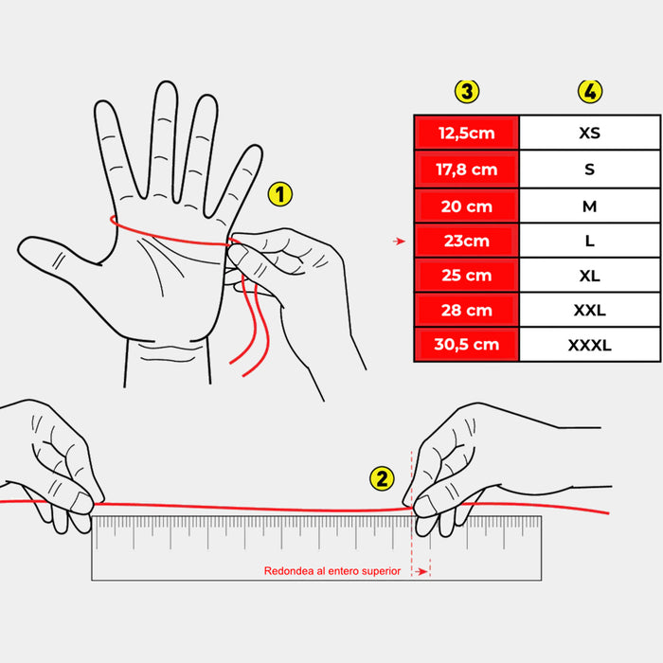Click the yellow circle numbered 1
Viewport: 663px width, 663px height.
(280, 194)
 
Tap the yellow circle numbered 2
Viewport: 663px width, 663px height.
(382, 478)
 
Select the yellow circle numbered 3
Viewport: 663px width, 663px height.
(467, 91)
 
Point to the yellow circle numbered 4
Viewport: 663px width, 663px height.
(590, 91)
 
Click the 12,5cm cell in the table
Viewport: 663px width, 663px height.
(467, 133)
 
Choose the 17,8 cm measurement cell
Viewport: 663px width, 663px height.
(467, 170)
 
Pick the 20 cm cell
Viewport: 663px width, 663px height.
(467, 206)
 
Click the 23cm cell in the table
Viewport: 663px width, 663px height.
(467, 241)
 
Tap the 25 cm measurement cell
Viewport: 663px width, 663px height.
(467, 276)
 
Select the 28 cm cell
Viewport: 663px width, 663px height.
(467, 310)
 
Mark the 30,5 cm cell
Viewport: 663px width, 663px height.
(467, 345)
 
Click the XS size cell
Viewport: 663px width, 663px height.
(590, 133)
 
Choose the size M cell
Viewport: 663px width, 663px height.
(590, 206)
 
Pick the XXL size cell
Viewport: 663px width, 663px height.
(590, 310)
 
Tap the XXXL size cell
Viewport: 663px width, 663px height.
(590, 345)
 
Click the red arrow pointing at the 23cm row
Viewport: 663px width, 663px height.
(399, 241)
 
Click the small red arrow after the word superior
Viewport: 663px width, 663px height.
(421, 572)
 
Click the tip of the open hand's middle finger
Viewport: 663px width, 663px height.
(166, 83)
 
